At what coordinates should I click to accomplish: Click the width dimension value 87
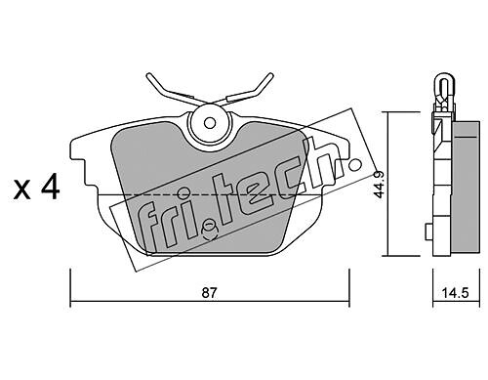click(209, 292)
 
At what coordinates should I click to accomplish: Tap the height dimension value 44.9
click(380, 185)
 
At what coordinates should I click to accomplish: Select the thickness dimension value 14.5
click(455, 293)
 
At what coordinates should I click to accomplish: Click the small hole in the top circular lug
click(210, 123)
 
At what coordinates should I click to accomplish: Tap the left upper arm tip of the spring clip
click(149, 75)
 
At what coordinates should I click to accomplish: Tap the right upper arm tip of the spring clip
click(270, 75)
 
